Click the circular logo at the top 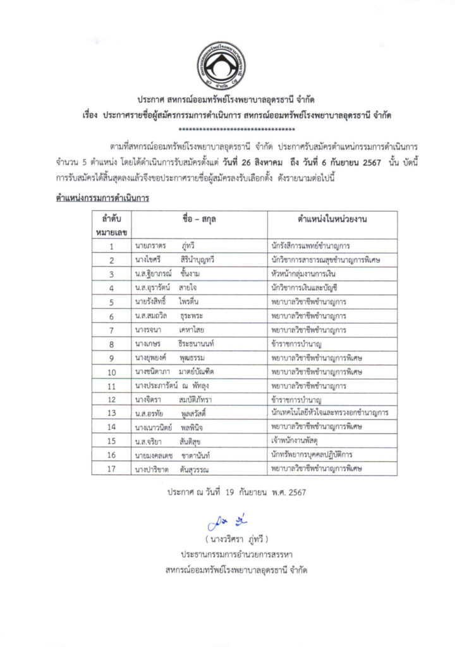[228, 66]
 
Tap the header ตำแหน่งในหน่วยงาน [332, 219]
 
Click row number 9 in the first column [111, 358]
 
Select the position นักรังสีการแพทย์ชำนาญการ [310, 246]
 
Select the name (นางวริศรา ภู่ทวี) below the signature [228, 540]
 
